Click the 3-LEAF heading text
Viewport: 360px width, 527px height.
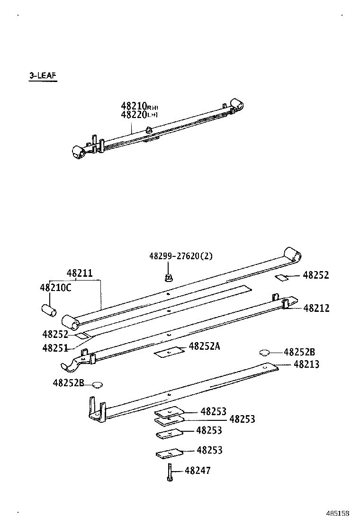43,76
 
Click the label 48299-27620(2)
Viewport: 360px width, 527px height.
180,256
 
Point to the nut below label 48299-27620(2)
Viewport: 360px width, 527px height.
167,276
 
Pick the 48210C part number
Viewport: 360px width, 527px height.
55,287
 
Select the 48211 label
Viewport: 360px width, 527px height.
79,273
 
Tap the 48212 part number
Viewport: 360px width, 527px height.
316,309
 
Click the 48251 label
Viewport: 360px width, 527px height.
55,348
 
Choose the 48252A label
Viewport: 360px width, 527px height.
204,346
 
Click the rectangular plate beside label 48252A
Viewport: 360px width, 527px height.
169,352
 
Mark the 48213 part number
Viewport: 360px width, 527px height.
306,364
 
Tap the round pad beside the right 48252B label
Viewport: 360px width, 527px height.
265,352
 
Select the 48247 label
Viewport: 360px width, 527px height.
198,471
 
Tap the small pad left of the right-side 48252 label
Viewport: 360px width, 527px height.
281,277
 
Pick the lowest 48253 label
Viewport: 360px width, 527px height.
209,450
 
